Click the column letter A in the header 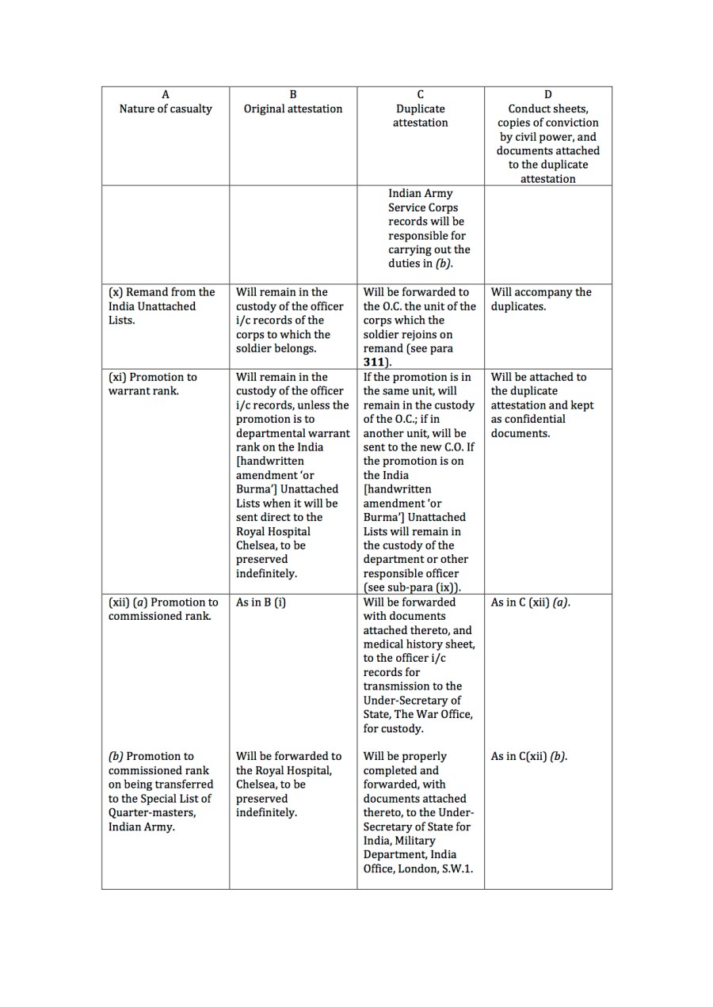166,95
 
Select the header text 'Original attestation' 293,109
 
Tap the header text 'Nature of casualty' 166,109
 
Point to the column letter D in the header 548,95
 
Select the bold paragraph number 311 376,363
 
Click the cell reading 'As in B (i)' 261,602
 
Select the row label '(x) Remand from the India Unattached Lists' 162,306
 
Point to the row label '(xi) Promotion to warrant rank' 153,384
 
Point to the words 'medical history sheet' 419,644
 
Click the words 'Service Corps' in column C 423,207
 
